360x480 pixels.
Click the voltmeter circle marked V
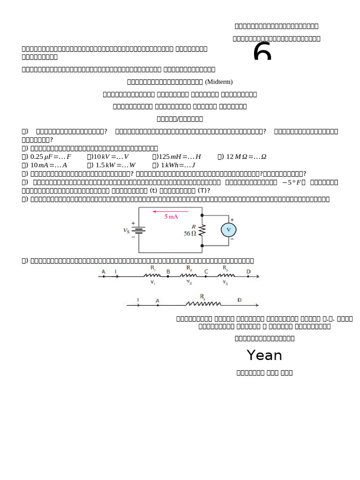229,230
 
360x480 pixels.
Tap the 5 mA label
171,217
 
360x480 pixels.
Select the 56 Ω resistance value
190,233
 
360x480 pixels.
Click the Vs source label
127,230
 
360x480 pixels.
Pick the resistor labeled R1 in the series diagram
153,276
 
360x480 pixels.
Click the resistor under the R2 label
189,276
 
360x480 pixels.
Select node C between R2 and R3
206,276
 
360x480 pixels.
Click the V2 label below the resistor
188,282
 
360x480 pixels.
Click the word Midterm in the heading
218,82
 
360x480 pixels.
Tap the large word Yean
264,355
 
